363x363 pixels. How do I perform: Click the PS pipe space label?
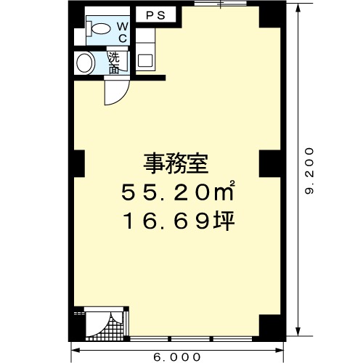click(x=156, y=16)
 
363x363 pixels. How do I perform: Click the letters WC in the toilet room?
click(x=123, y=33)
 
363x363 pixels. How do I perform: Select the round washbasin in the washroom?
click(x=85, y=63)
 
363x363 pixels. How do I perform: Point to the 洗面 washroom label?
click(x=114, y=63)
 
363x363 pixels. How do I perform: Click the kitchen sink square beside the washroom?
click(x=145, y=60)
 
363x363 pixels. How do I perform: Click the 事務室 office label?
click(x=176, y=164)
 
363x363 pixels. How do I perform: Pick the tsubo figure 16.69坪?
click(x=179, y=221)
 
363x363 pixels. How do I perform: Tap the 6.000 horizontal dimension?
click(x=177, y=357)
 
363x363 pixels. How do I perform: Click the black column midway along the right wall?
click(x=270, y=164)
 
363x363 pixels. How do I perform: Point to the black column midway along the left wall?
click(x=79, y=164)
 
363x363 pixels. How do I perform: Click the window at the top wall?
click(x=221, y=4)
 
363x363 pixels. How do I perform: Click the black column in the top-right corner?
click(x=270, y=16)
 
